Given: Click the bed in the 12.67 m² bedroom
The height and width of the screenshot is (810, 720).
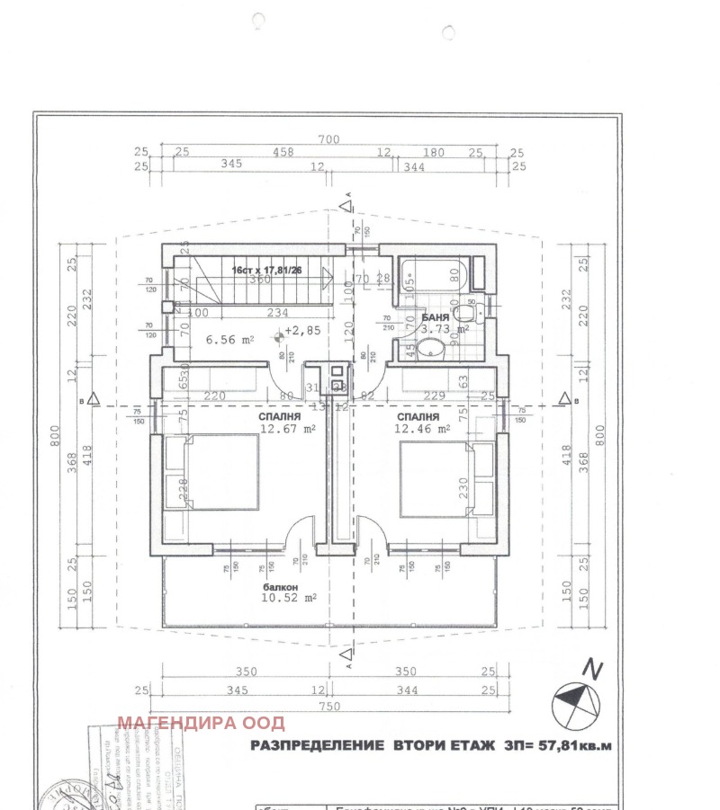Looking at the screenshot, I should [211, 472].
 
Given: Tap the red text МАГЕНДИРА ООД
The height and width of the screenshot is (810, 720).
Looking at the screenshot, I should [202, 723].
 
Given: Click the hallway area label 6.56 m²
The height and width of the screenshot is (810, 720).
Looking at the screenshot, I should [230, 340].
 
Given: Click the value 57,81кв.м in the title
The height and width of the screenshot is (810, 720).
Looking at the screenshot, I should [576, 745].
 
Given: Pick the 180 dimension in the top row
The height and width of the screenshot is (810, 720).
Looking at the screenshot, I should [434, 153].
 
